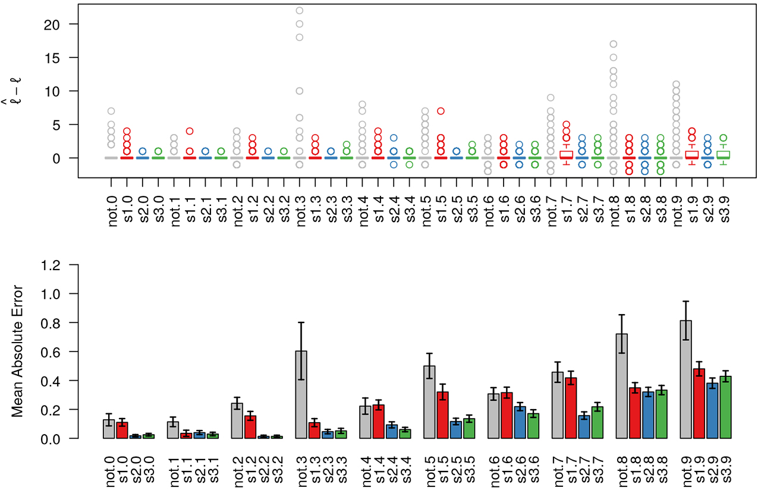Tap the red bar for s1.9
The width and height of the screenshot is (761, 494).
(699, 404)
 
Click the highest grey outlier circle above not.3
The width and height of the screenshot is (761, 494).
(300, 11)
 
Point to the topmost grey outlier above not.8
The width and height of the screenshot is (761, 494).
(614, 44)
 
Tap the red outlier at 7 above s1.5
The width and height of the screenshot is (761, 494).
(441, 111)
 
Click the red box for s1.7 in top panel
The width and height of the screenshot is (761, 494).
(567, 154)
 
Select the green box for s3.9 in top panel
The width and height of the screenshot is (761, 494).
(723, 154)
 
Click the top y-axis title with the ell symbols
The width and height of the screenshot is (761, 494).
(17, 90)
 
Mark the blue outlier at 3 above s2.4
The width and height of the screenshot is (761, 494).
(394, 138)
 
